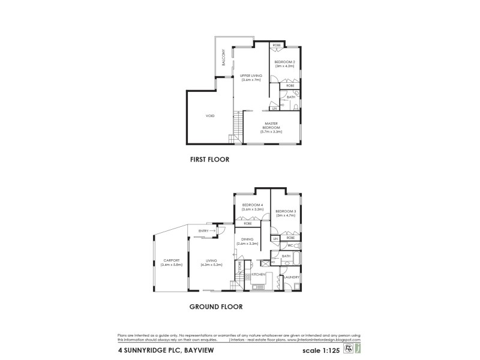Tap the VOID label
[x=210, y=116]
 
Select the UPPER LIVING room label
[x=251, y=77]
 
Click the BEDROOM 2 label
[x=284, y=64]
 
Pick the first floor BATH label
[x=291, y=97]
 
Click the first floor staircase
[x=237, y=128]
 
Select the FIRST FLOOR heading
[x=210, y=160]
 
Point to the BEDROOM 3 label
[x=286, y=213]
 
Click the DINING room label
[x=247, y=242]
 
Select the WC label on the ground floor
[x=289, y=246]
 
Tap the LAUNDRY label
[x=292, y=277]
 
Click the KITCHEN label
[x=259, y=274]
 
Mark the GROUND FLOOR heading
[x=216, y=306]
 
